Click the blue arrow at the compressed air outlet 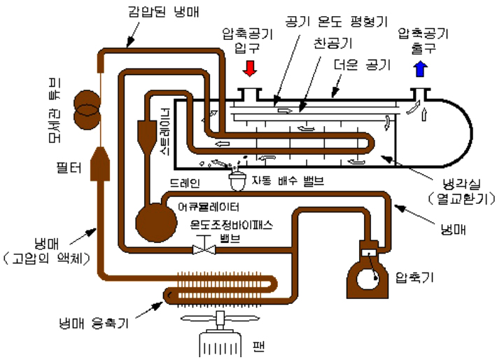[420, 69]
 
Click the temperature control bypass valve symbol [204, 247]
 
